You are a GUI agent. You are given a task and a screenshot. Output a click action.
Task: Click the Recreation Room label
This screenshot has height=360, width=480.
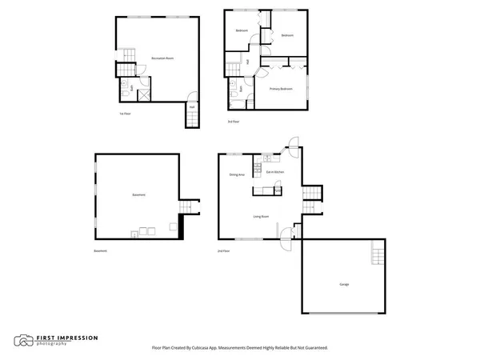click(x=163, y=58)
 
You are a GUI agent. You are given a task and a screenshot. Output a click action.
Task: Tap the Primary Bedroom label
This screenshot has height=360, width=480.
click(x=280, y=88)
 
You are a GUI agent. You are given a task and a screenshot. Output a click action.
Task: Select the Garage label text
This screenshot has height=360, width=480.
click(x=343, y=284)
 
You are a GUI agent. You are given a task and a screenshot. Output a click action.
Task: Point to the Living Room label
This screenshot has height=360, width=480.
click(x=261, y=216)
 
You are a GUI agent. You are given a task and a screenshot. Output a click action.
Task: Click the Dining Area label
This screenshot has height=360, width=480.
click(x=237, y=174)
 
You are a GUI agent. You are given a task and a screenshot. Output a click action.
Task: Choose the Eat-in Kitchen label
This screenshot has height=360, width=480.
click(x=274, y=172)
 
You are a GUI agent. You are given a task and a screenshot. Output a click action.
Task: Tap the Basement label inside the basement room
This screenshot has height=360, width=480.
click(x=138, y=196)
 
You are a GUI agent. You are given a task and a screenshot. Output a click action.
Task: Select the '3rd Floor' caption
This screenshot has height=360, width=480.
click(x=233, y=121)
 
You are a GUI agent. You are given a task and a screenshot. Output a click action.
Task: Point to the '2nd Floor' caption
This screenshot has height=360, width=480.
click(x=224, y=251)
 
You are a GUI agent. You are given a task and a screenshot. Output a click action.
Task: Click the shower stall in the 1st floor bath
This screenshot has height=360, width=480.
click(x=145, y=94)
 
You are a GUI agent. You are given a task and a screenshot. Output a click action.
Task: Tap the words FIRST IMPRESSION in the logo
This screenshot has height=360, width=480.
click(x=67, y=338)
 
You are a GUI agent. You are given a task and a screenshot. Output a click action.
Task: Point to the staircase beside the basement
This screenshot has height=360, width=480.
click(x=186, y=208)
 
